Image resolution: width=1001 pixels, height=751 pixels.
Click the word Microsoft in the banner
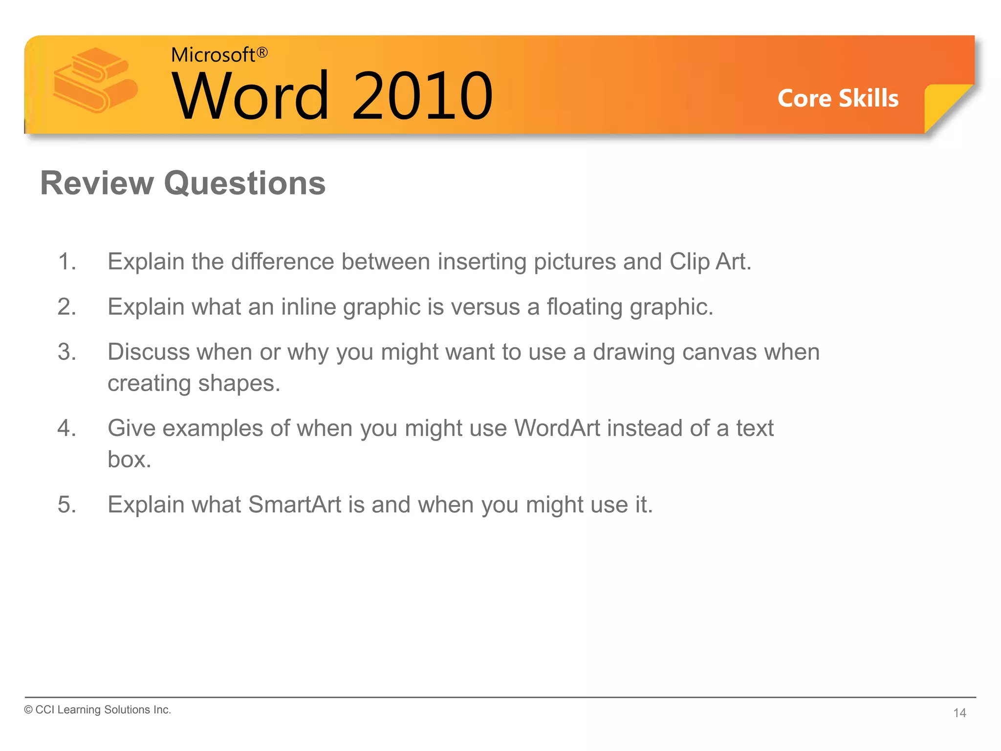coord(213,55)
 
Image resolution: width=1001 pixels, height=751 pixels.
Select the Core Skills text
coord(838,98)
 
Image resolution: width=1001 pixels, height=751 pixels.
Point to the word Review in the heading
coord(97,183)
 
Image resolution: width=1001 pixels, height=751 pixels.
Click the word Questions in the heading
coord(244,183)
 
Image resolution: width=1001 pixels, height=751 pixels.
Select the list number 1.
coord(66,262)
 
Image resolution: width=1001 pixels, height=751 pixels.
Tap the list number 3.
coord(66,352)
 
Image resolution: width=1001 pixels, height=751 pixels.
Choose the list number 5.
coord(66,505)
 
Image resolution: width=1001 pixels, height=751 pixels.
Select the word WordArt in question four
coord(557,428)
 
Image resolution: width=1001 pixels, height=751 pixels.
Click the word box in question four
coord(129,460)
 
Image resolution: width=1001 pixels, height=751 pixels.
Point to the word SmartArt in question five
coord(295,505)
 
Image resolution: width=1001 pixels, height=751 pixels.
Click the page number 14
coord(959,713)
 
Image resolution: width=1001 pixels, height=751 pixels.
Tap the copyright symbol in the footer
coord(28,710)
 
